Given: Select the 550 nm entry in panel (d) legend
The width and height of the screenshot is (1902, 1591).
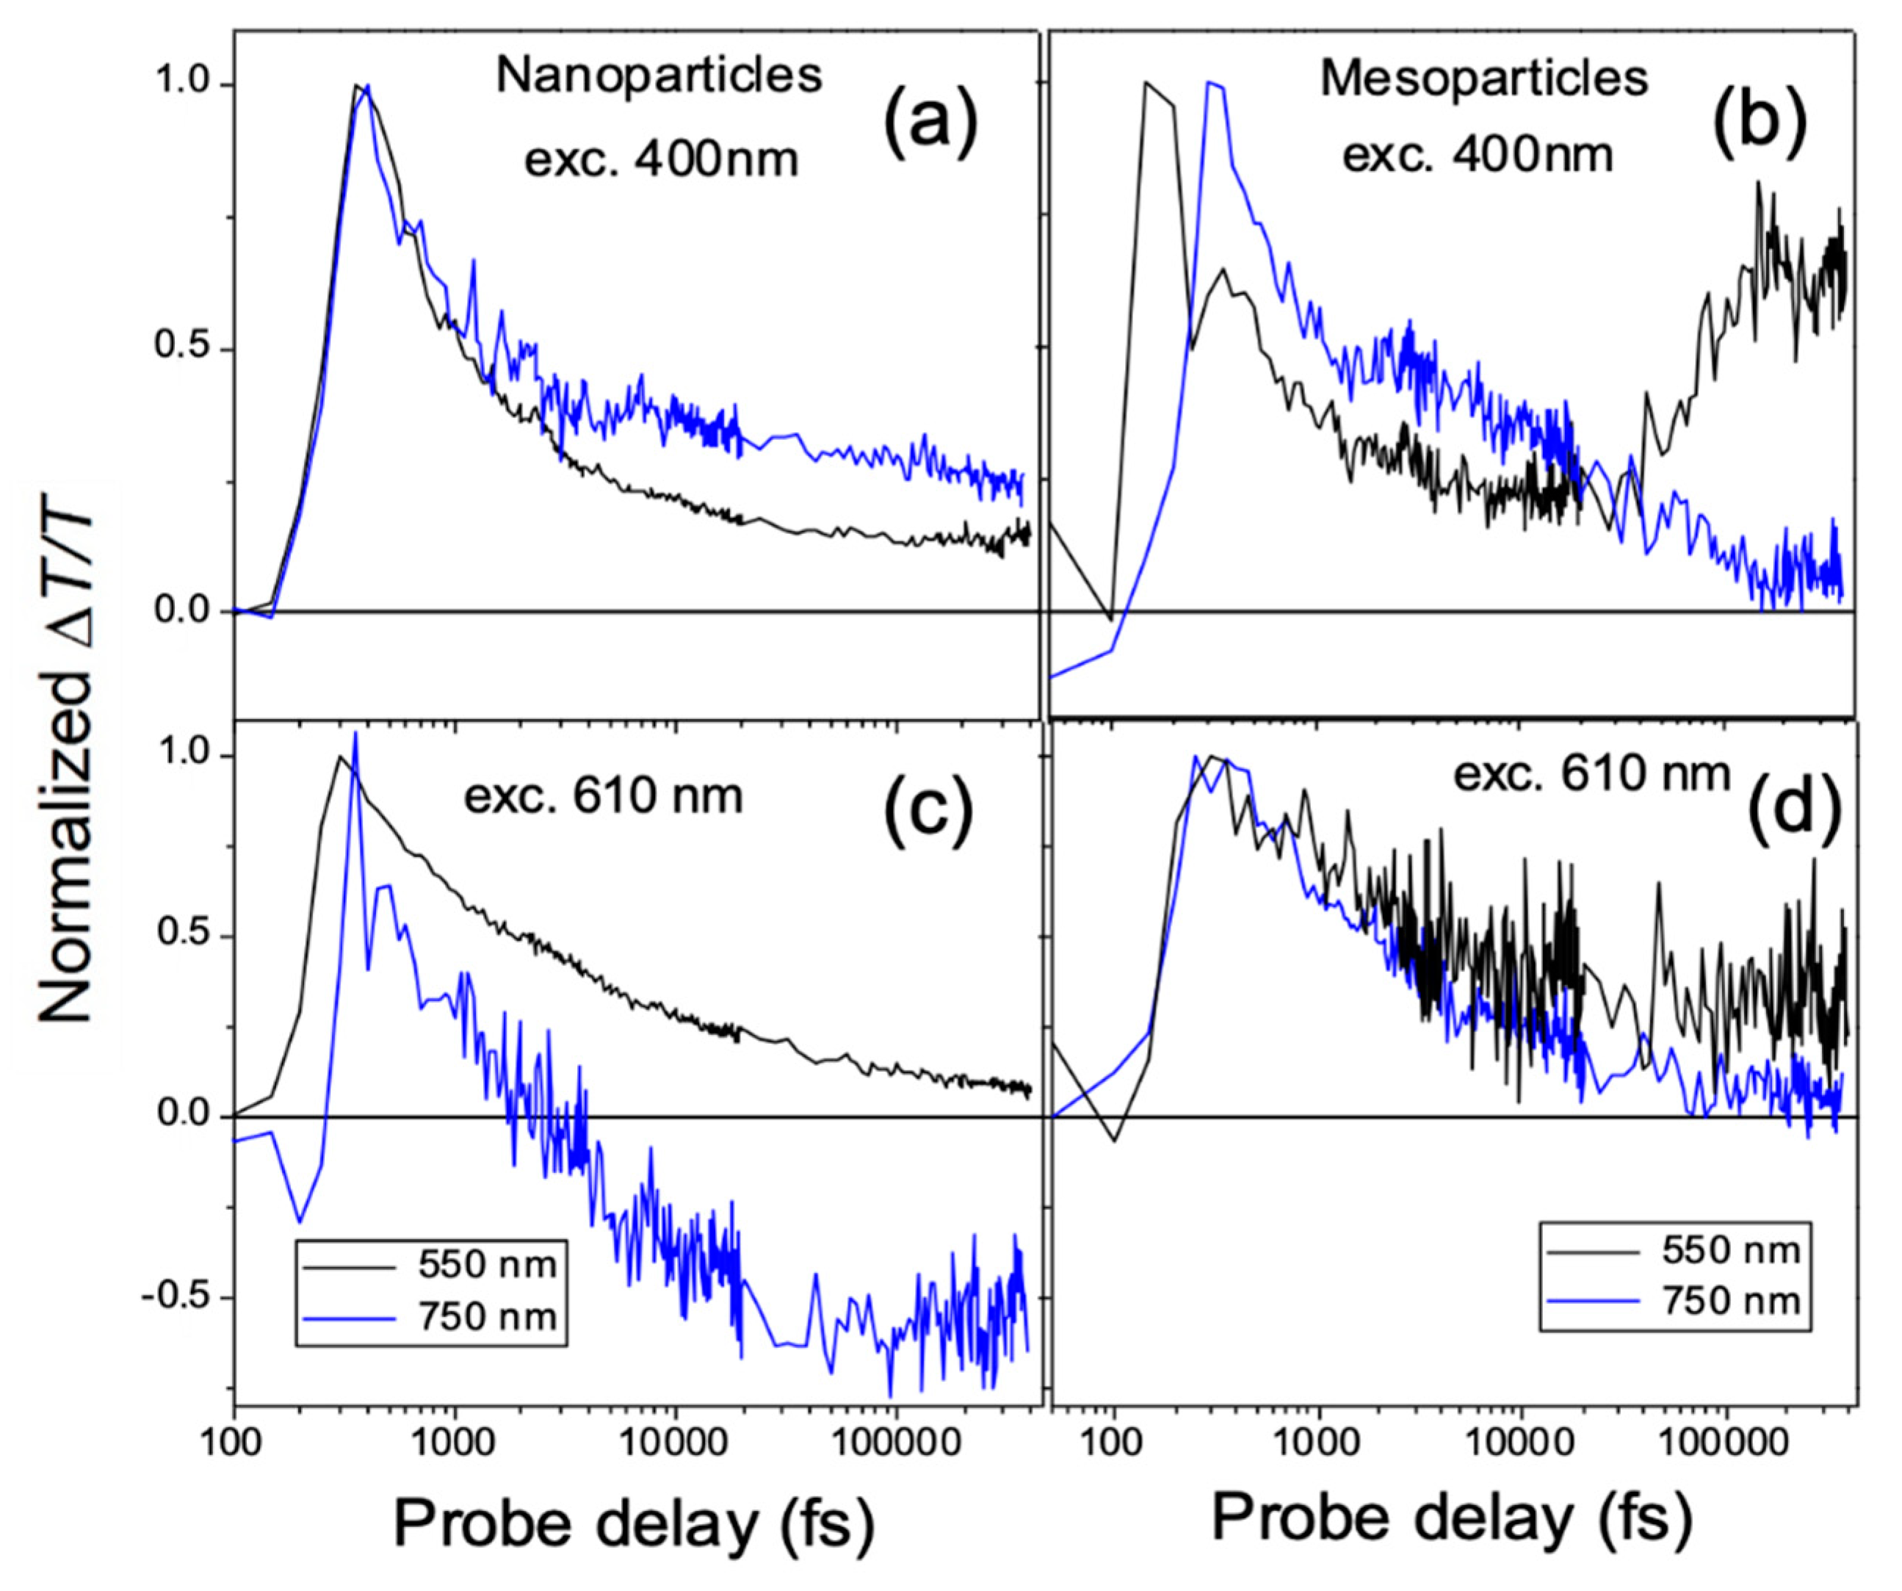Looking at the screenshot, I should (1730, 1250).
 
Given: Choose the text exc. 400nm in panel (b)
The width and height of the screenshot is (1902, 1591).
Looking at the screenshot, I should (1478, 156).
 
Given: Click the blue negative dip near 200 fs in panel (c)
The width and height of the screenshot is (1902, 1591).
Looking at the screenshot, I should (300, 1221).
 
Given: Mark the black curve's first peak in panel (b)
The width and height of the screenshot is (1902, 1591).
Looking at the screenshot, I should (1146, 82).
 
